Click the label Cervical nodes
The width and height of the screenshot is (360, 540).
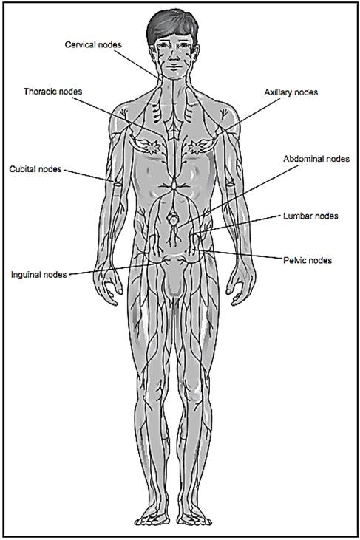click(93, 45)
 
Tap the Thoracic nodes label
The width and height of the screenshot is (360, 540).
click(53, 92)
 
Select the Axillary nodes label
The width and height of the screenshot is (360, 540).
click(291, 92)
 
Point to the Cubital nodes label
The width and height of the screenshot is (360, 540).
click(35, 169)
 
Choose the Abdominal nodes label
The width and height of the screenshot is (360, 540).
click(316, 159)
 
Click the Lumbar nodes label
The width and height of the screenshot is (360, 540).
click(310, 216)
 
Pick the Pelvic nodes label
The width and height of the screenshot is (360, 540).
click(308, 260)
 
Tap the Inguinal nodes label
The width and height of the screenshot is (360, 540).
click(39, 275)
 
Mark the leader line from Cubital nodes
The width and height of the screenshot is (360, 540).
click(89, 176)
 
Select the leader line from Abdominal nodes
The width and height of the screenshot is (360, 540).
click(237, 196)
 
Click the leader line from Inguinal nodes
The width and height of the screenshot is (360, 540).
click(110, 270)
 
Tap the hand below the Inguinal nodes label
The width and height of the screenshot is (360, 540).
click(107, 284)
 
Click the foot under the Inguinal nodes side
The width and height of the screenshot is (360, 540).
click(152, 516)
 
